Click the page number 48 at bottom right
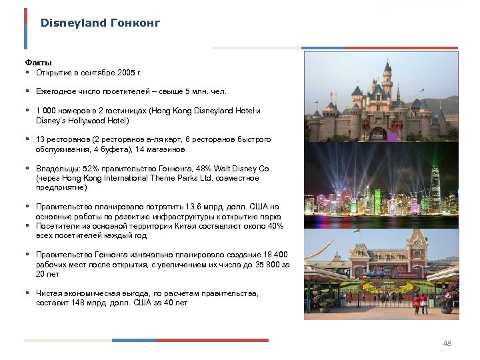[447, 343]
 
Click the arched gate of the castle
[379, 133]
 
